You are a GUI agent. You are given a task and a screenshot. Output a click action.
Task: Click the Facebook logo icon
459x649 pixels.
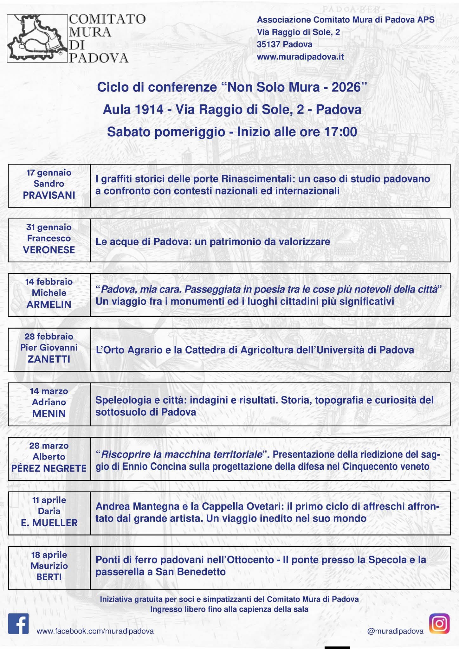tap(18, 623)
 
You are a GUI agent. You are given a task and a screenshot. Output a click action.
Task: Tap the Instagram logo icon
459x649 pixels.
tap(439, 623)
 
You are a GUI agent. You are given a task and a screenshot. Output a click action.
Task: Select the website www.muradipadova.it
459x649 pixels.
tap(300, 57)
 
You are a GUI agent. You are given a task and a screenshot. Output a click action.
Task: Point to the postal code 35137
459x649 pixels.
tap(268, 44)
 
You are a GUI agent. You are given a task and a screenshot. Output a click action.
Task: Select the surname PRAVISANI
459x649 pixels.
tap(49, 195)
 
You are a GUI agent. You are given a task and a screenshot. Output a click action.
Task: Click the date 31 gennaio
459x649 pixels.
tap(49, 227)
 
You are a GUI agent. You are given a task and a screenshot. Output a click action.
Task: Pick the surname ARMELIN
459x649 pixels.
tap(49, 305)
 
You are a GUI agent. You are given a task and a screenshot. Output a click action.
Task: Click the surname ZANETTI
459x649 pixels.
tap(49, 359)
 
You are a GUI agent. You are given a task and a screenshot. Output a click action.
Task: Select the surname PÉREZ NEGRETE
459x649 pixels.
tap(49, 468)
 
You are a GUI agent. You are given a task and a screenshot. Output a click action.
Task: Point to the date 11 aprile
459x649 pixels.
tap(49, 500)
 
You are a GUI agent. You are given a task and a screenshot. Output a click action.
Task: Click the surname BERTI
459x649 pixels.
tap(49, 577)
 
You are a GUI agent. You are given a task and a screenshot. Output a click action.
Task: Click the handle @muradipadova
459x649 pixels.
tap(395, 631)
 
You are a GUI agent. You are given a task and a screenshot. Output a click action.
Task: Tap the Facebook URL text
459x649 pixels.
tap(95, 631)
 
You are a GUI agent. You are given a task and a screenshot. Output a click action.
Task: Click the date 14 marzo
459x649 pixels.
tap(49, 391)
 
